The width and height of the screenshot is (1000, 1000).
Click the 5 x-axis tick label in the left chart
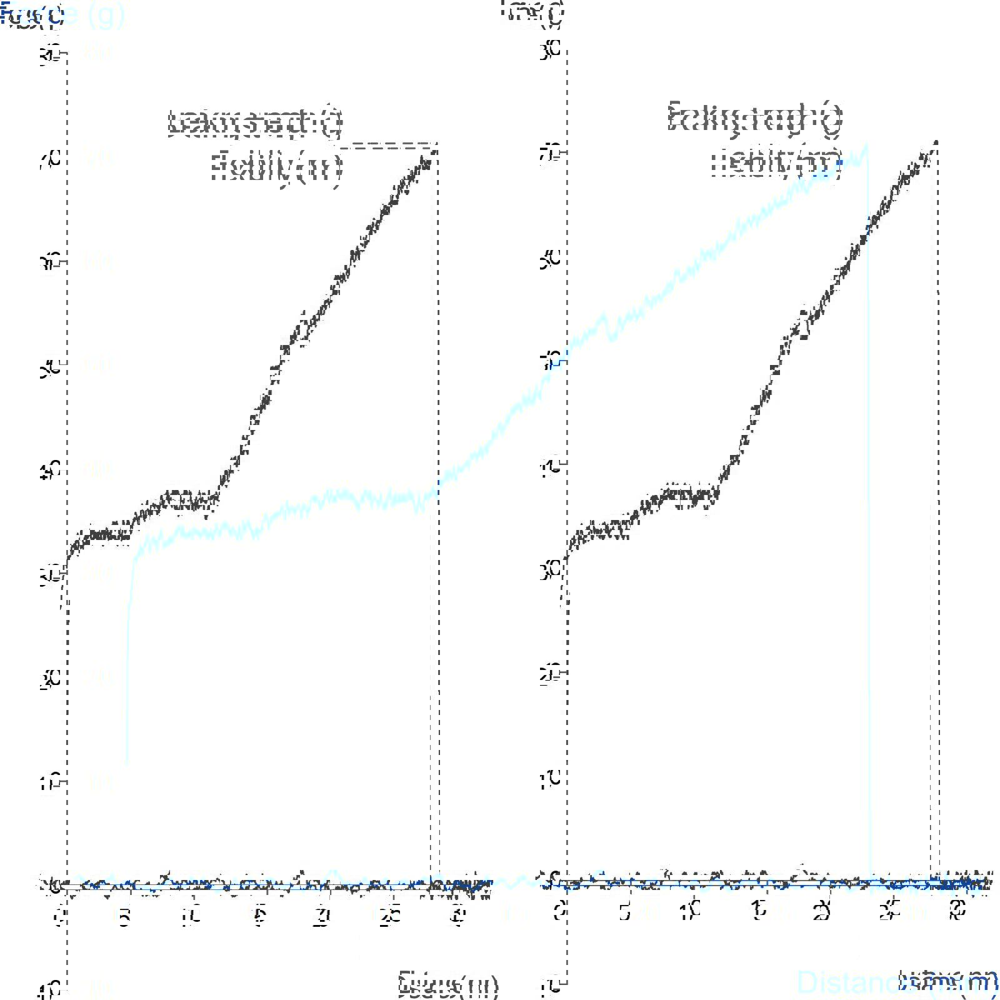(x=125, y=915)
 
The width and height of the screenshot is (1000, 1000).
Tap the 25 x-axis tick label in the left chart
(x=390, y=915)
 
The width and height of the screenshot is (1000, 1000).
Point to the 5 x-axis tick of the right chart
(x=626, y=912)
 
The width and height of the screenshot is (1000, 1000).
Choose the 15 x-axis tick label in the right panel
(x=757, y=912)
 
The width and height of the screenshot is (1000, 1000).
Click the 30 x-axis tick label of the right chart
(x=954, y=912)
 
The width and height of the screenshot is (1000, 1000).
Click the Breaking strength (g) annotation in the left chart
(x=256, y=122)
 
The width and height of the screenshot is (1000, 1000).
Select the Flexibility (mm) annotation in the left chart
(x=276, y=167)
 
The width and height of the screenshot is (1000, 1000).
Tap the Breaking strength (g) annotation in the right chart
(x=755, y=117)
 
